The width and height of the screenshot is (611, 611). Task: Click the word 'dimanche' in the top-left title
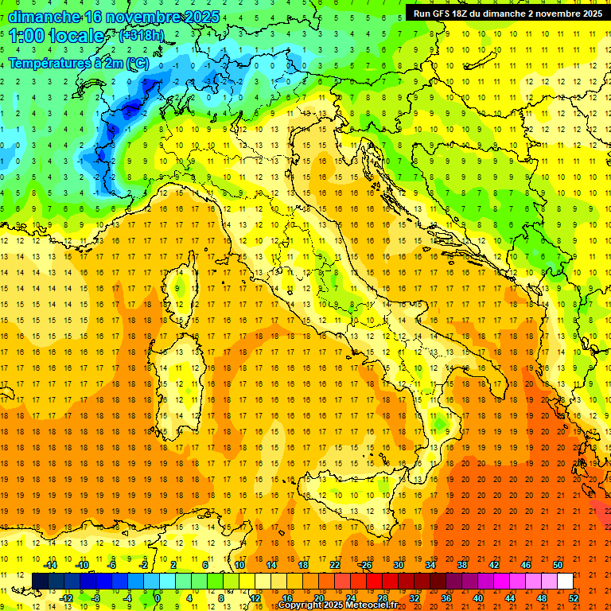[45, 16]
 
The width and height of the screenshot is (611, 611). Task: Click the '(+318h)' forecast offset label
[142, 36]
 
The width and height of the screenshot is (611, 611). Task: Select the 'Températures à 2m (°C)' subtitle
[78, 62]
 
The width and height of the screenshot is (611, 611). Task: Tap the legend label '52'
[574, 598]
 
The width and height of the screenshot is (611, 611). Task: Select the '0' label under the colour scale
[158, 598]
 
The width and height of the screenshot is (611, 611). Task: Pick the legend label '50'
[558, 564]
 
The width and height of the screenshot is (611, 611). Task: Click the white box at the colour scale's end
[565, 581]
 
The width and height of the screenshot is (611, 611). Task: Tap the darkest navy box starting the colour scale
[40, 581]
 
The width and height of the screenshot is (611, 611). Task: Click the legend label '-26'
[365, 564]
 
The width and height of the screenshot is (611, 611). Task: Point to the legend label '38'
[461, 564]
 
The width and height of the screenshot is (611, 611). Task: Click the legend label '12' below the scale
[255, 598]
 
